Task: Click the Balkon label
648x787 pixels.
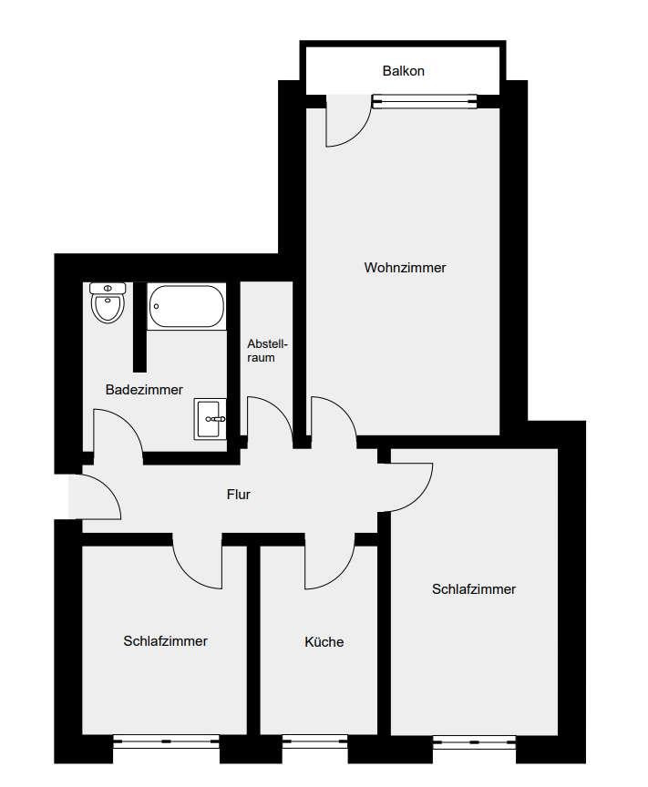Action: pyautogui.click(x=404, y=71)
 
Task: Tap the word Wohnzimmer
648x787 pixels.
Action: pyautogui.click(x=405, y=268)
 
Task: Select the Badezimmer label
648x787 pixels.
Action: pyautogui.click(x=144, y=390)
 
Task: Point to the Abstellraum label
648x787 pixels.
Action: pyautogui.click(x=267, y=351)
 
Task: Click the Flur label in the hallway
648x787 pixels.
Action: pyautogui.click(x=239, y=495)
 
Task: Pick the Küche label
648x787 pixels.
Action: pyautogui.click(x=324, y=641)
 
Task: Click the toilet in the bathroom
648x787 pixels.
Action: pyautogui.click(x=108, y=302)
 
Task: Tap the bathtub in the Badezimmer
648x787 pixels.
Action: pyautogui.click(x=186, y=307)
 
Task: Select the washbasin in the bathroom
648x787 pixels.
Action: pyautogui.click(x=210, y=419)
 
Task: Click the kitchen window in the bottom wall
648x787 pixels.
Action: pyautogui.click(x=315, y=741)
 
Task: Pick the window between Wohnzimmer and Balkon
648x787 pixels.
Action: pyautogui.click(x=425, y=101)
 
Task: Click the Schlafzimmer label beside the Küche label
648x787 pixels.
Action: pyautogui.click(x=165, y=641)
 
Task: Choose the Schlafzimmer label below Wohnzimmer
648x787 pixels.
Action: pyautogui.click(x=474, y=588)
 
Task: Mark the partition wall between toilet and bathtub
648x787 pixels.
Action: pyautogui.click(x=139, y=327)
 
